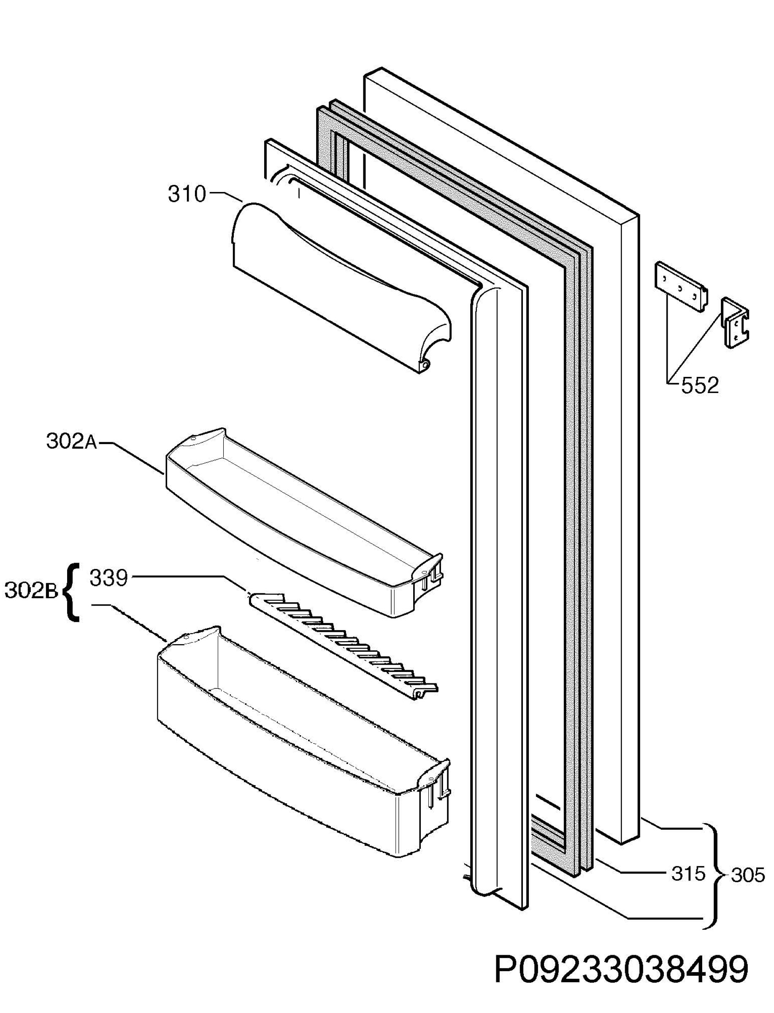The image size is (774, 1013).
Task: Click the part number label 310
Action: [x=187, y=195]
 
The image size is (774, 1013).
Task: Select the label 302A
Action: [x=71, y=442]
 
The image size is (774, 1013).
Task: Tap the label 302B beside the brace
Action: [x=31, y=591]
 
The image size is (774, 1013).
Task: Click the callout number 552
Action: [x=700, y=386]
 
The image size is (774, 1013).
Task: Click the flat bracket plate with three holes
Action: [x=680, y=288]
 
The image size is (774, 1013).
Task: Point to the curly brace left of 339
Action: [x=70, y=592]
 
